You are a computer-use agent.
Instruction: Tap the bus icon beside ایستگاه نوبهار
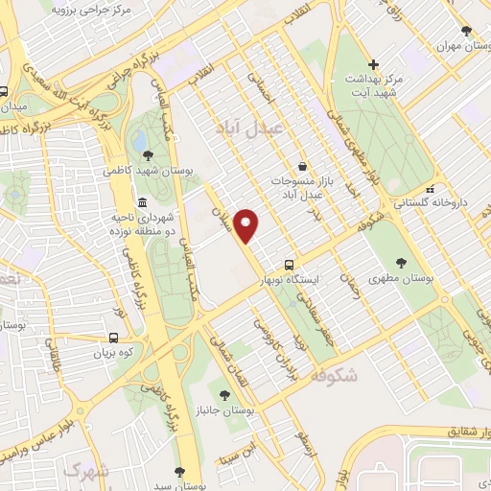coord(289,265)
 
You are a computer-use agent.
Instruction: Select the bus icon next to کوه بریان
coord(113,338)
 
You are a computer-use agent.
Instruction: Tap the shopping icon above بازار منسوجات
coord(301,165)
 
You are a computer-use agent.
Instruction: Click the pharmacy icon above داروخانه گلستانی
coord(432,188)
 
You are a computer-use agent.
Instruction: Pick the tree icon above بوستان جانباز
coord(224,394)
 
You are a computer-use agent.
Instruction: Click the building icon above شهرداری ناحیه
coord(142,203)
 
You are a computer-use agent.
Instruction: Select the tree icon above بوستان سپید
coord(179,471)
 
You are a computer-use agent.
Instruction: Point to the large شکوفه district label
coord(333,377)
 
